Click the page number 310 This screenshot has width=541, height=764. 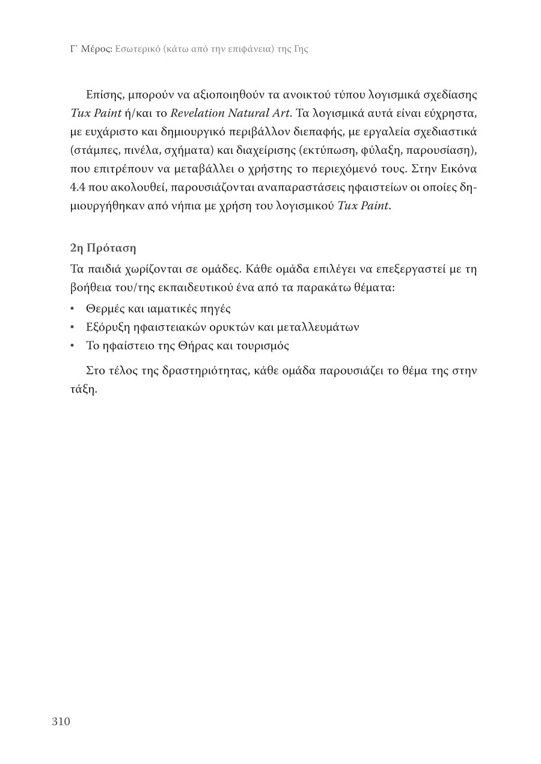click(61, 721)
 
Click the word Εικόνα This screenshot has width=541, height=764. click(456, 167)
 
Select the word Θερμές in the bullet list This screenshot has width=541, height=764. click(105, 310)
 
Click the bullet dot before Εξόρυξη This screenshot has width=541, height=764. click(72, 328)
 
